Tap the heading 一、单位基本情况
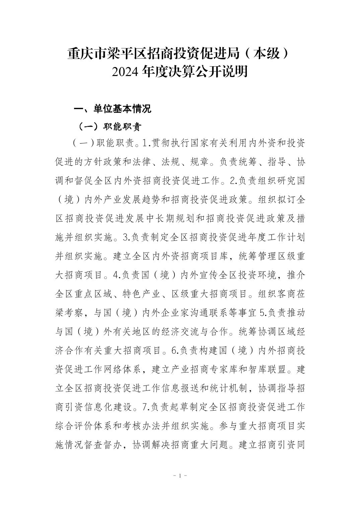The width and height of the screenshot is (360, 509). click(113, 108)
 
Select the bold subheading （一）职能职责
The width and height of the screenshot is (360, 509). click(109, 127)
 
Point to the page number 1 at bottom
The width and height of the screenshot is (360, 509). click(180, 476)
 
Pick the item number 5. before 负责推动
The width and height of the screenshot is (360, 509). click(264, 313)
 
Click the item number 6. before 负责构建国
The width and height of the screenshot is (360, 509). click(175, 351)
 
